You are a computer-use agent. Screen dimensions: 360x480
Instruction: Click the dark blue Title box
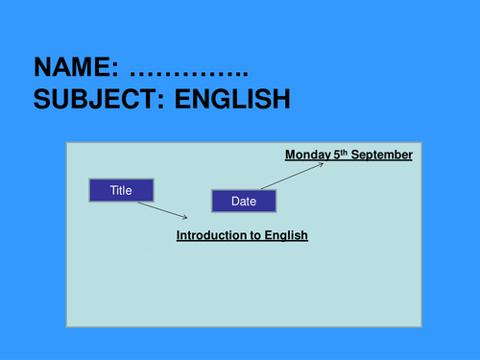[x=120, y=190]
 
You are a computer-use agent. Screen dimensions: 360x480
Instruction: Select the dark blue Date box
[x=244, y=202]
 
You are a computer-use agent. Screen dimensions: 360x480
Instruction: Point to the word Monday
[x=307, y=155]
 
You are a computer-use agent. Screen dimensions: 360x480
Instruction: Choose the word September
[x=381, y=155]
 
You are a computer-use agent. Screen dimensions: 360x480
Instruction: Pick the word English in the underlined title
[x=286, y=235]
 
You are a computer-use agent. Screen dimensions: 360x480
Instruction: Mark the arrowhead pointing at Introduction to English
[x=184, y=218]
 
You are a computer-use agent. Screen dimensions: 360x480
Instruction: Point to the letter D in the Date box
[x=235, y=202]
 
